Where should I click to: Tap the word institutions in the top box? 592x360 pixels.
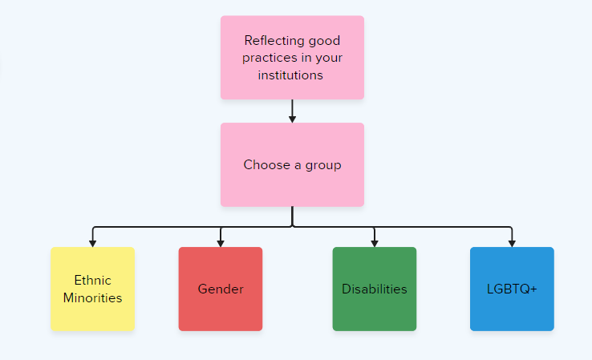point(290,75)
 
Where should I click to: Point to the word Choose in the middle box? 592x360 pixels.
point(267,164)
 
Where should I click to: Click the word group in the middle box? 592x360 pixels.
point(323,166)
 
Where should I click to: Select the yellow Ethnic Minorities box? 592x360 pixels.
point(92,289)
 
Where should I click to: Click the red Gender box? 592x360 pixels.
point(221,289)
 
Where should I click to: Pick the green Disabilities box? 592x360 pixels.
point(375,289)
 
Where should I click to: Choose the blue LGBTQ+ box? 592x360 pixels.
point(512,289)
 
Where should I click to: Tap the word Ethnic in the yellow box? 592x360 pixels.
point(92,281)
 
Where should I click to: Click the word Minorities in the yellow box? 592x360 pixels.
point(92,297)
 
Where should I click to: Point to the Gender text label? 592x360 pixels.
point(221,289)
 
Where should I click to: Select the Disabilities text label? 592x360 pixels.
point(375,289)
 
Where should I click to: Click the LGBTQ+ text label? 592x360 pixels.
point(512,289)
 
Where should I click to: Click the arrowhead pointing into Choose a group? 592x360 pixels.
point(292,119)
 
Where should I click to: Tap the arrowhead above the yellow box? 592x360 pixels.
point(92,244)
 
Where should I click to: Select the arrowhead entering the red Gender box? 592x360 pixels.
point(221,244)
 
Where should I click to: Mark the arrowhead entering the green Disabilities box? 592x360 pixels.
point(375,244)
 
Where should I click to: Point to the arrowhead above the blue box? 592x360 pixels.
point(512,244)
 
